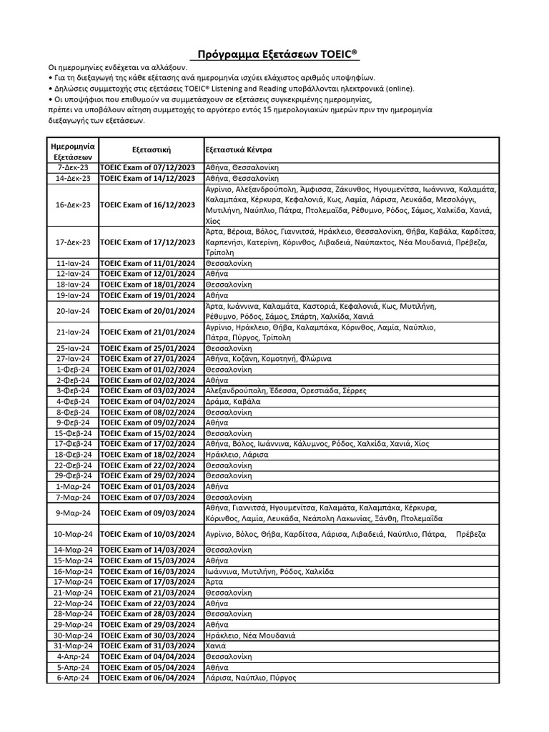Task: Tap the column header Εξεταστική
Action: (x=150, y=150)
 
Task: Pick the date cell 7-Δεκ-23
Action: (x=73, y=167)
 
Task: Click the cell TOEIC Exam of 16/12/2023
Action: (x=148, y=205)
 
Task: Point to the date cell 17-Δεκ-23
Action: (x=73, y=242)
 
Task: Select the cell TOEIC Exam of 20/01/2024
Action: (x=148, y=311)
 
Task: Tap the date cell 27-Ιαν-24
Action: (x=73, y=359)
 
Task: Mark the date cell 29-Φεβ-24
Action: (x=73, y=475)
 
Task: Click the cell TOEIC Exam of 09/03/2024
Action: (x=148, y=513)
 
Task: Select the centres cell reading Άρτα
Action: (x=214, y=582)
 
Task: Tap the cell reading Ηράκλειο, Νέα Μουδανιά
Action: (x=250, y=635)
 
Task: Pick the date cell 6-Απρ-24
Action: (x=73, y=678)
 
